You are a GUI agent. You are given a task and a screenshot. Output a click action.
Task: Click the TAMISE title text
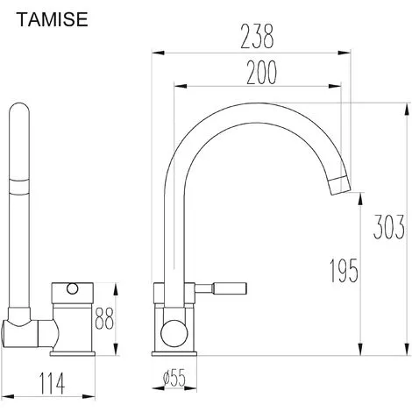click(53, 19)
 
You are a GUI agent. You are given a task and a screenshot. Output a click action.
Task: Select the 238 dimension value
click(257, 37)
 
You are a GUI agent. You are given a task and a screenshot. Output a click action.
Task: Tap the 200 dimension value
click(261, 73)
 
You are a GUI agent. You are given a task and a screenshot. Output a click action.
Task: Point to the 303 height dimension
click(389, 227)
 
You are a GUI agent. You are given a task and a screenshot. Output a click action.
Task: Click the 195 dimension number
click(344, 271)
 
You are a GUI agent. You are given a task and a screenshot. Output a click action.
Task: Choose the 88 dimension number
click(104, 317)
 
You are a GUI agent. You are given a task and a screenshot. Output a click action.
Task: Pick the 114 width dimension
click(52, 383)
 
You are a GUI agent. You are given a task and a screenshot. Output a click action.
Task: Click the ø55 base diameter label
click(174, 377)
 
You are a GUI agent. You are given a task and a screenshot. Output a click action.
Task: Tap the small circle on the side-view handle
click(72, 288)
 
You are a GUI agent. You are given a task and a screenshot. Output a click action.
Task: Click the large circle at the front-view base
click(174, 333)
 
